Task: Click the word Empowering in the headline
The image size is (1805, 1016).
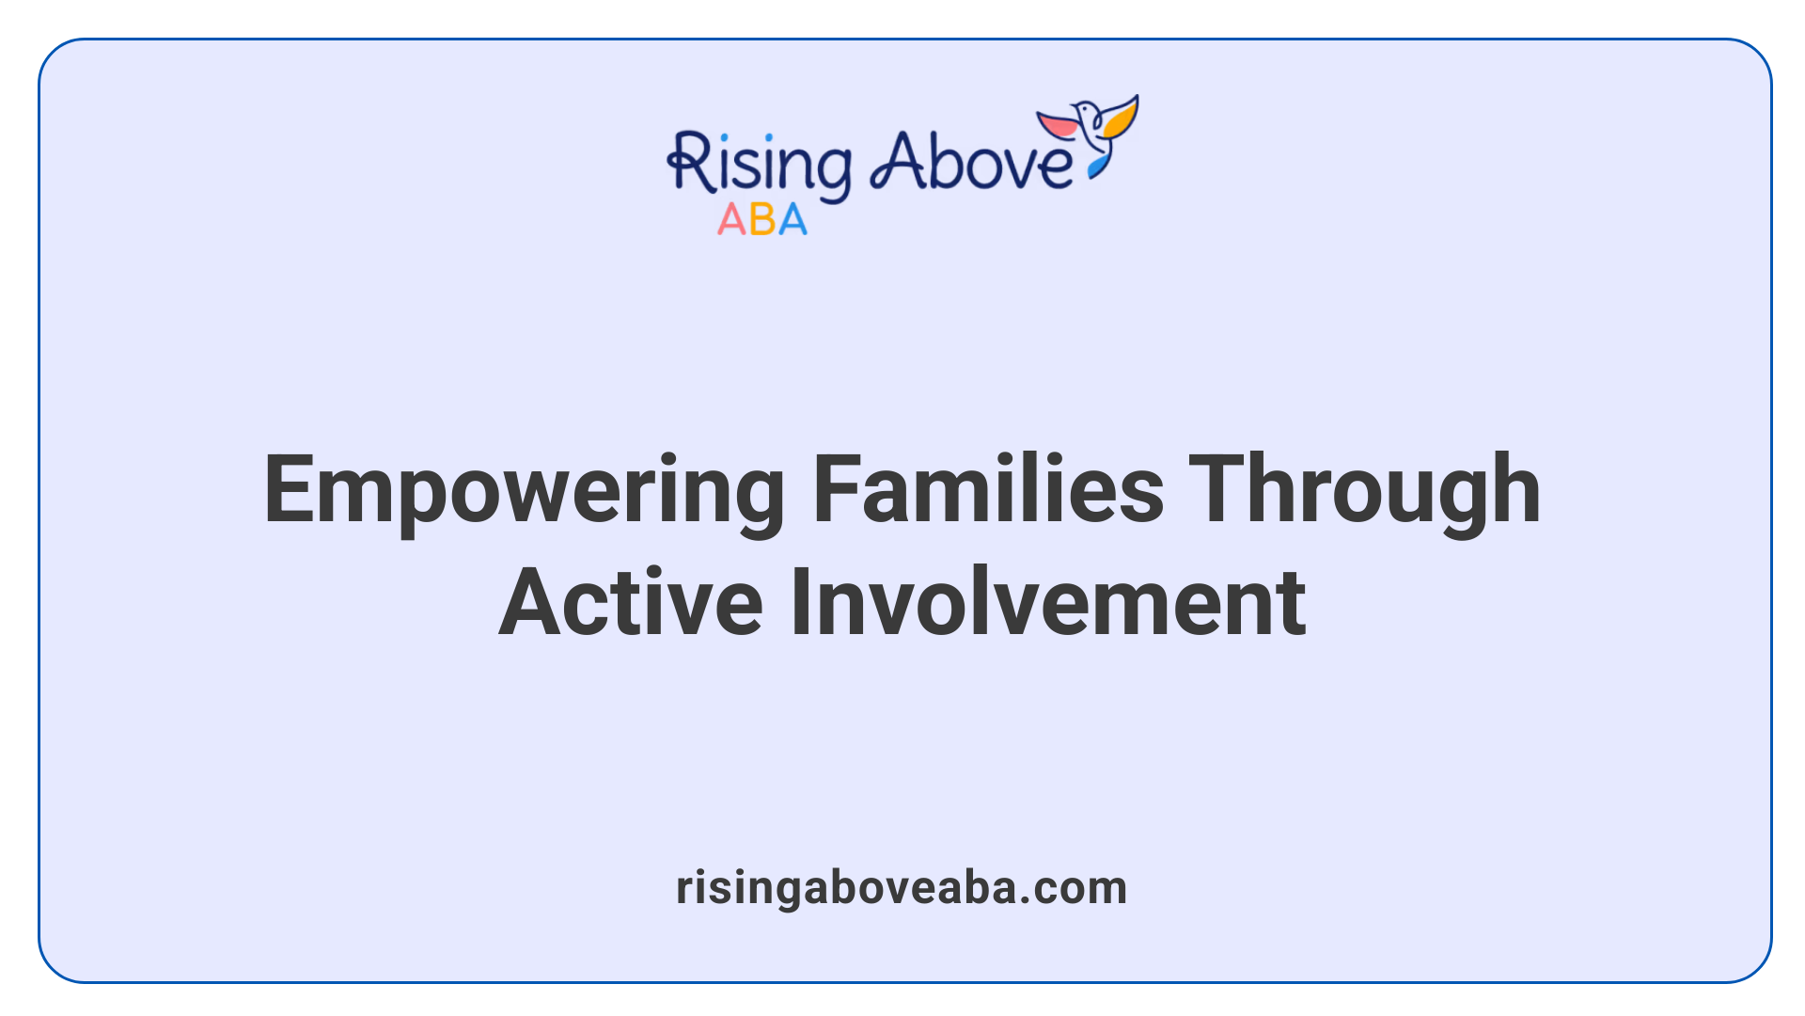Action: pyautogui.click(x=524, y=491)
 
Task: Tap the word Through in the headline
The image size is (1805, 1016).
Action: pyautogui.click(x=1364, y=491)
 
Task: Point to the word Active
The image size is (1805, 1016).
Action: pyautogui.click(x=630, y=603)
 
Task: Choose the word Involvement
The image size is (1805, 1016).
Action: pyautogui.click(x=1047, y=603)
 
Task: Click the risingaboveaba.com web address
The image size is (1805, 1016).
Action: pyautogui.click(x=902, y=887)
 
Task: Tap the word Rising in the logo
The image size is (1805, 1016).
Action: pyautogui.click(x=760, y=166)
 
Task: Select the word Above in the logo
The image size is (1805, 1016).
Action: pyautogui.click(x=971, y=162)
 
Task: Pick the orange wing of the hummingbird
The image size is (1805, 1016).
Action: pyautogui.click(x=1122, y=119)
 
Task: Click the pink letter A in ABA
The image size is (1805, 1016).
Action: pyautogui.click(x=731, y=220)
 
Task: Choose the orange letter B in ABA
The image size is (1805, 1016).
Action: pyautogui.click(x=762, y=220)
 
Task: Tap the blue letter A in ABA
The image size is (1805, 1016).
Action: pyautogui.click(x=793, y=220)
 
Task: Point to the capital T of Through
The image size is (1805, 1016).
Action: pyautogui.click(x=1214, y=490)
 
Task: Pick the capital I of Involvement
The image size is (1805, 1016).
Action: pyautogui.click(x=799, y=603)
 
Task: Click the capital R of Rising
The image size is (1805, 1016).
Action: pyautogui.click(x=689, y=164)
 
